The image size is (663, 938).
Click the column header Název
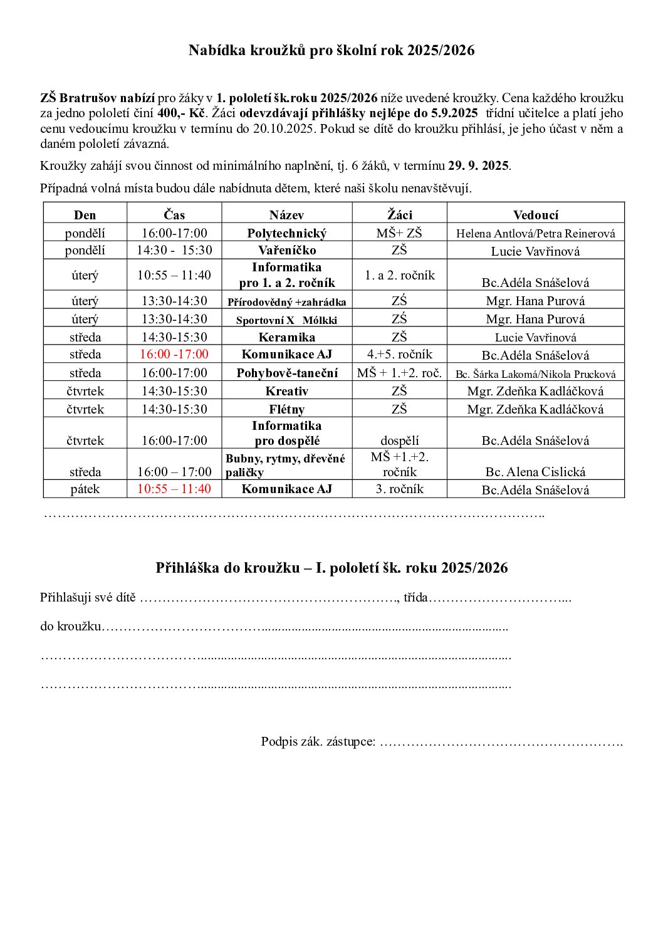tap(286, 215)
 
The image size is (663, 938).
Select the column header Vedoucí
tap(535, 215)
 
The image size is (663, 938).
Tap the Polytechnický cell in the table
tap(286, 233)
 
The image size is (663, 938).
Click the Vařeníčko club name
tap(286, 250)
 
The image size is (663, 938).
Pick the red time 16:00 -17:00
tap(174, 354)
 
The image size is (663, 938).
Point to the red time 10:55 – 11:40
tap(174, 489)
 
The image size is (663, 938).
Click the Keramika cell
tap(286, 337)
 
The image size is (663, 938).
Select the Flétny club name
tap(286, 409)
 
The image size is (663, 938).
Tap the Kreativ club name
tap(286, 391)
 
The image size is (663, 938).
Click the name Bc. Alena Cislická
tap(535, 472)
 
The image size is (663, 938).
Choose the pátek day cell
tap(85, 489)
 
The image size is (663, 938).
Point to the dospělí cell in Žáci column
tap(399, 440)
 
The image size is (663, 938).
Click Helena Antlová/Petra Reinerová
tap(535, 234)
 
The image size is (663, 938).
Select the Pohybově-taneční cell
tap(286, 373)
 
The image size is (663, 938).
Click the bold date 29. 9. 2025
tap(478, 166)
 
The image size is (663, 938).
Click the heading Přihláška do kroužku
tap(331, 568)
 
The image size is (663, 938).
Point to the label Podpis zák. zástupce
tap(318, 742)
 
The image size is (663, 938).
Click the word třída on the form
tap(415, 597)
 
